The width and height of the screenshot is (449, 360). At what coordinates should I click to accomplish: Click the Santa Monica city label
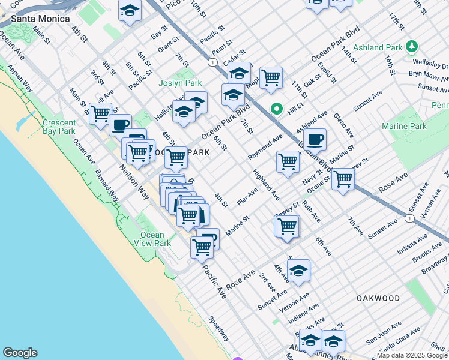[x=35, y=19]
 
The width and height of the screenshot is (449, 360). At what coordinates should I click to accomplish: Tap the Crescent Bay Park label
[x=59, y=127]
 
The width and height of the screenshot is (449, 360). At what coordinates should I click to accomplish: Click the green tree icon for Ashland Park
[x=412, y=46]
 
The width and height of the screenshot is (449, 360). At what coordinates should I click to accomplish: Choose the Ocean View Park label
[x=155, y=239]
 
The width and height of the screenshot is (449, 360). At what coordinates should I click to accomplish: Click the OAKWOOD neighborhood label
[x=378, y=298]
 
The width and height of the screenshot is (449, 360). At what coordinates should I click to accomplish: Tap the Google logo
[x=20, y=353]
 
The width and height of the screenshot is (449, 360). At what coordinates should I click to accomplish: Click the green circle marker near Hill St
[x=276, y=109]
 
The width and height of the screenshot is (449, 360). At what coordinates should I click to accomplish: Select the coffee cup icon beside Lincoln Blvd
[x=314, y=140]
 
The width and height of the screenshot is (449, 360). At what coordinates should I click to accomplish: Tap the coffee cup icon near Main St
[x=120, y=125]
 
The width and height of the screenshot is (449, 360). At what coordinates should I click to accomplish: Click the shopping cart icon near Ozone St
[x=343, y=179]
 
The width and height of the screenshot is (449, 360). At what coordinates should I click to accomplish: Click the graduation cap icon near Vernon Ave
[x=298, y=271]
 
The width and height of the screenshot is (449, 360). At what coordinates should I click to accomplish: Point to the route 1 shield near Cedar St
[x=212, y=62]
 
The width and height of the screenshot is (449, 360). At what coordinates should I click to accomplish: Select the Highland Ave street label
[x=266, y=185]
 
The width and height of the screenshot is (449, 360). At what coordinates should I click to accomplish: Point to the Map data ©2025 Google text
[x=412, y=355]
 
